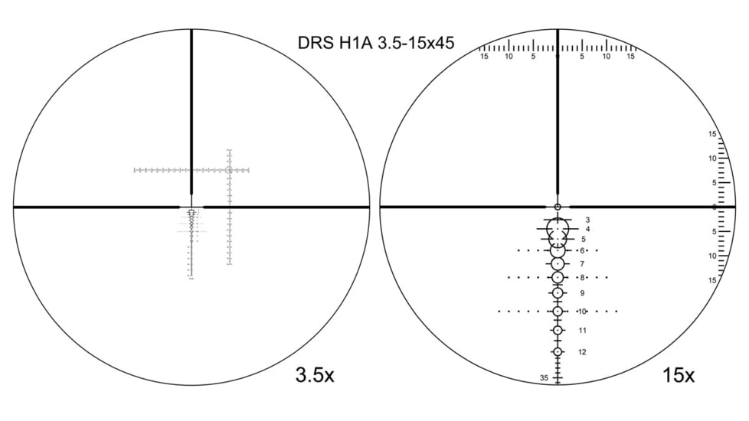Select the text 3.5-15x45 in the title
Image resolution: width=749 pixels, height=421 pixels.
tap(408, 43)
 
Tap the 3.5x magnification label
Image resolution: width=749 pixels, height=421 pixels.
tap(315, 375)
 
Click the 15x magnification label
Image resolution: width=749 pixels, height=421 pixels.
tap(679, 375)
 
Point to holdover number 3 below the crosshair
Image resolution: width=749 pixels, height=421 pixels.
tap(587, 220)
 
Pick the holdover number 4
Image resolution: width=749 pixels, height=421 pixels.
tap(587, 229)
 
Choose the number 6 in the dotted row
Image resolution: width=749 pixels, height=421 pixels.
tap(582, 250)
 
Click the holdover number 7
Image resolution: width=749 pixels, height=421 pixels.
tap(582, 264)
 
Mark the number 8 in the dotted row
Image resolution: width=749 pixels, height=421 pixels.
tap(582, 277)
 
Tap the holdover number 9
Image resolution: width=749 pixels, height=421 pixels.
tap(582, 293)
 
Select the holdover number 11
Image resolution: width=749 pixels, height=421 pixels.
tap(582, 331)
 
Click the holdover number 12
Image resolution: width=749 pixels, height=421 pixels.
tap(582, 352)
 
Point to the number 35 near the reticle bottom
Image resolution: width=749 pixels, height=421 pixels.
tap(544, 378)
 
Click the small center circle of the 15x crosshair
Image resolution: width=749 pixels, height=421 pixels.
tap(558, 207)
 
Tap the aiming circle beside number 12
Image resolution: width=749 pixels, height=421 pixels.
tap(558, 352)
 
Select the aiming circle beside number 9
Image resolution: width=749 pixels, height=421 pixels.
tap(558, 293)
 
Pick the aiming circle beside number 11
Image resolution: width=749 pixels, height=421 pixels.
tap(558, 331)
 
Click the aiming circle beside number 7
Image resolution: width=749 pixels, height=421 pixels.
tap(558, 264)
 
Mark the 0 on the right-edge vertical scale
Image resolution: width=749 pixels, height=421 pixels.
tap(713, 207)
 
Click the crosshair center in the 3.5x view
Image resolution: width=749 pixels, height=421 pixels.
tap(191, 207)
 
